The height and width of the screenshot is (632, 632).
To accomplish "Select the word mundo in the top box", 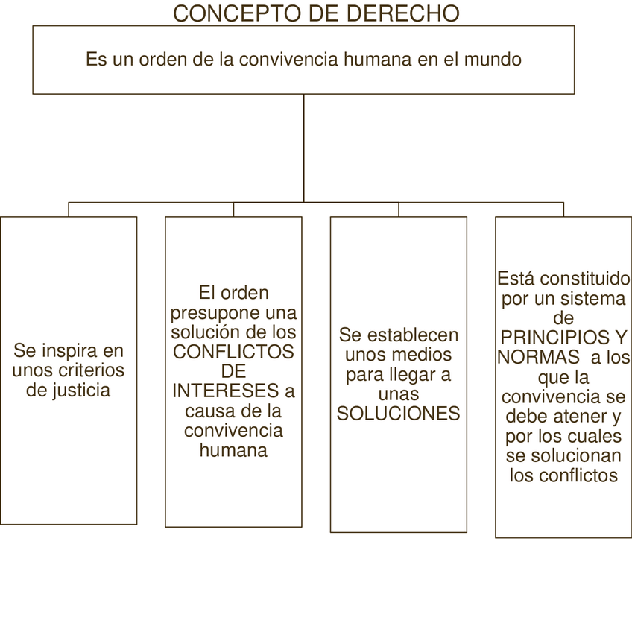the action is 493,60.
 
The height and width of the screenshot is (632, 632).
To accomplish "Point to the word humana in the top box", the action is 376,60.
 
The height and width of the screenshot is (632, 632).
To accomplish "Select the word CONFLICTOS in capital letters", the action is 233,350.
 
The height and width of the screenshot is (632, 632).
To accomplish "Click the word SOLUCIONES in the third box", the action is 399,414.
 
